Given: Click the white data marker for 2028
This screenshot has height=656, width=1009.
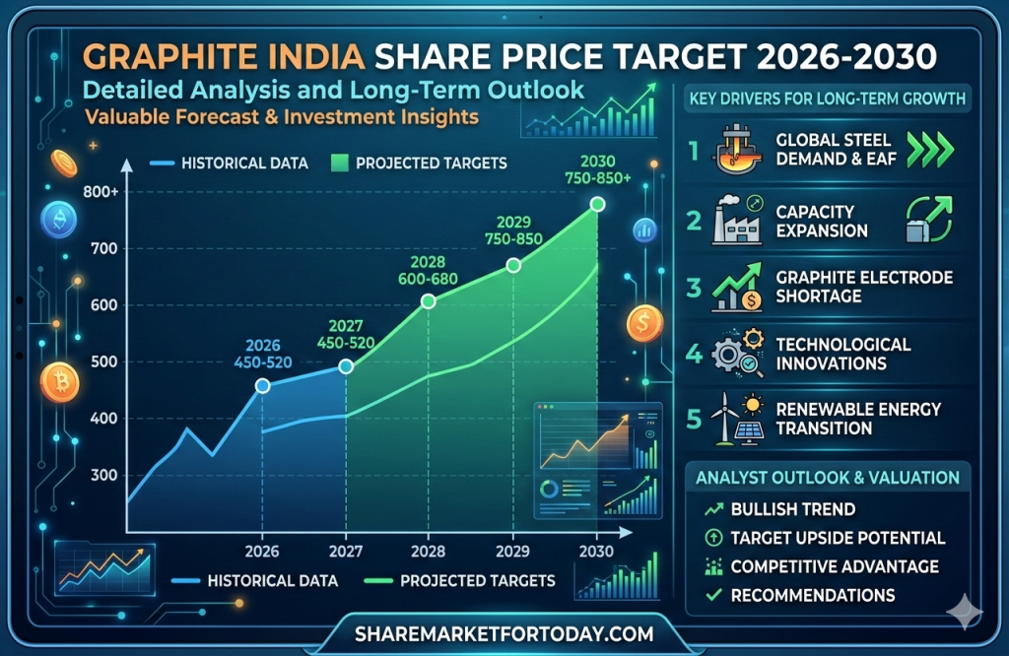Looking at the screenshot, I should (x=428, y=301).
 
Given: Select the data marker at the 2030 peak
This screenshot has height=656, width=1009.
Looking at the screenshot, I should (x=597, y=204).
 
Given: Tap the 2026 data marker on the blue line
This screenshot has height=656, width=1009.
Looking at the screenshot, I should (x=262, y=386).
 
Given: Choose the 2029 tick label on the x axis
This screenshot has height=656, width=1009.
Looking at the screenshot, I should (x=511, y=550).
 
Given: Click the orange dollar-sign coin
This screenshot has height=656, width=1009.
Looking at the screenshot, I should (x=644, y=323).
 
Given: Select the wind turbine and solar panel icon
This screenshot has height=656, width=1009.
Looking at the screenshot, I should (x=735, y=418).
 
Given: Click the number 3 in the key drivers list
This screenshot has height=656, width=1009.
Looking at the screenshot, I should (x=694, y=288).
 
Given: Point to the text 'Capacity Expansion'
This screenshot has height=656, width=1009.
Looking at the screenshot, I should (x=822, y=222).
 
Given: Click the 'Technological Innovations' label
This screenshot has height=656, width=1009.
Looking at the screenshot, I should (x=842, y=354).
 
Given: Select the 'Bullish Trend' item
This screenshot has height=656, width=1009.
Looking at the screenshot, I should (x=792, y=509).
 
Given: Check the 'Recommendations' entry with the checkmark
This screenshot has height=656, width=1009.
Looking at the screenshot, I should (x=812, y=594).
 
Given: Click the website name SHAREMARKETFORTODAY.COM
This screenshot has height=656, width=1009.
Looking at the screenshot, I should (x=504, y=632).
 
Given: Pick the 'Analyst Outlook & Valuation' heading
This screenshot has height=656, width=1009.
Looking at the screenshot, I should (x=828, y=478).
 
